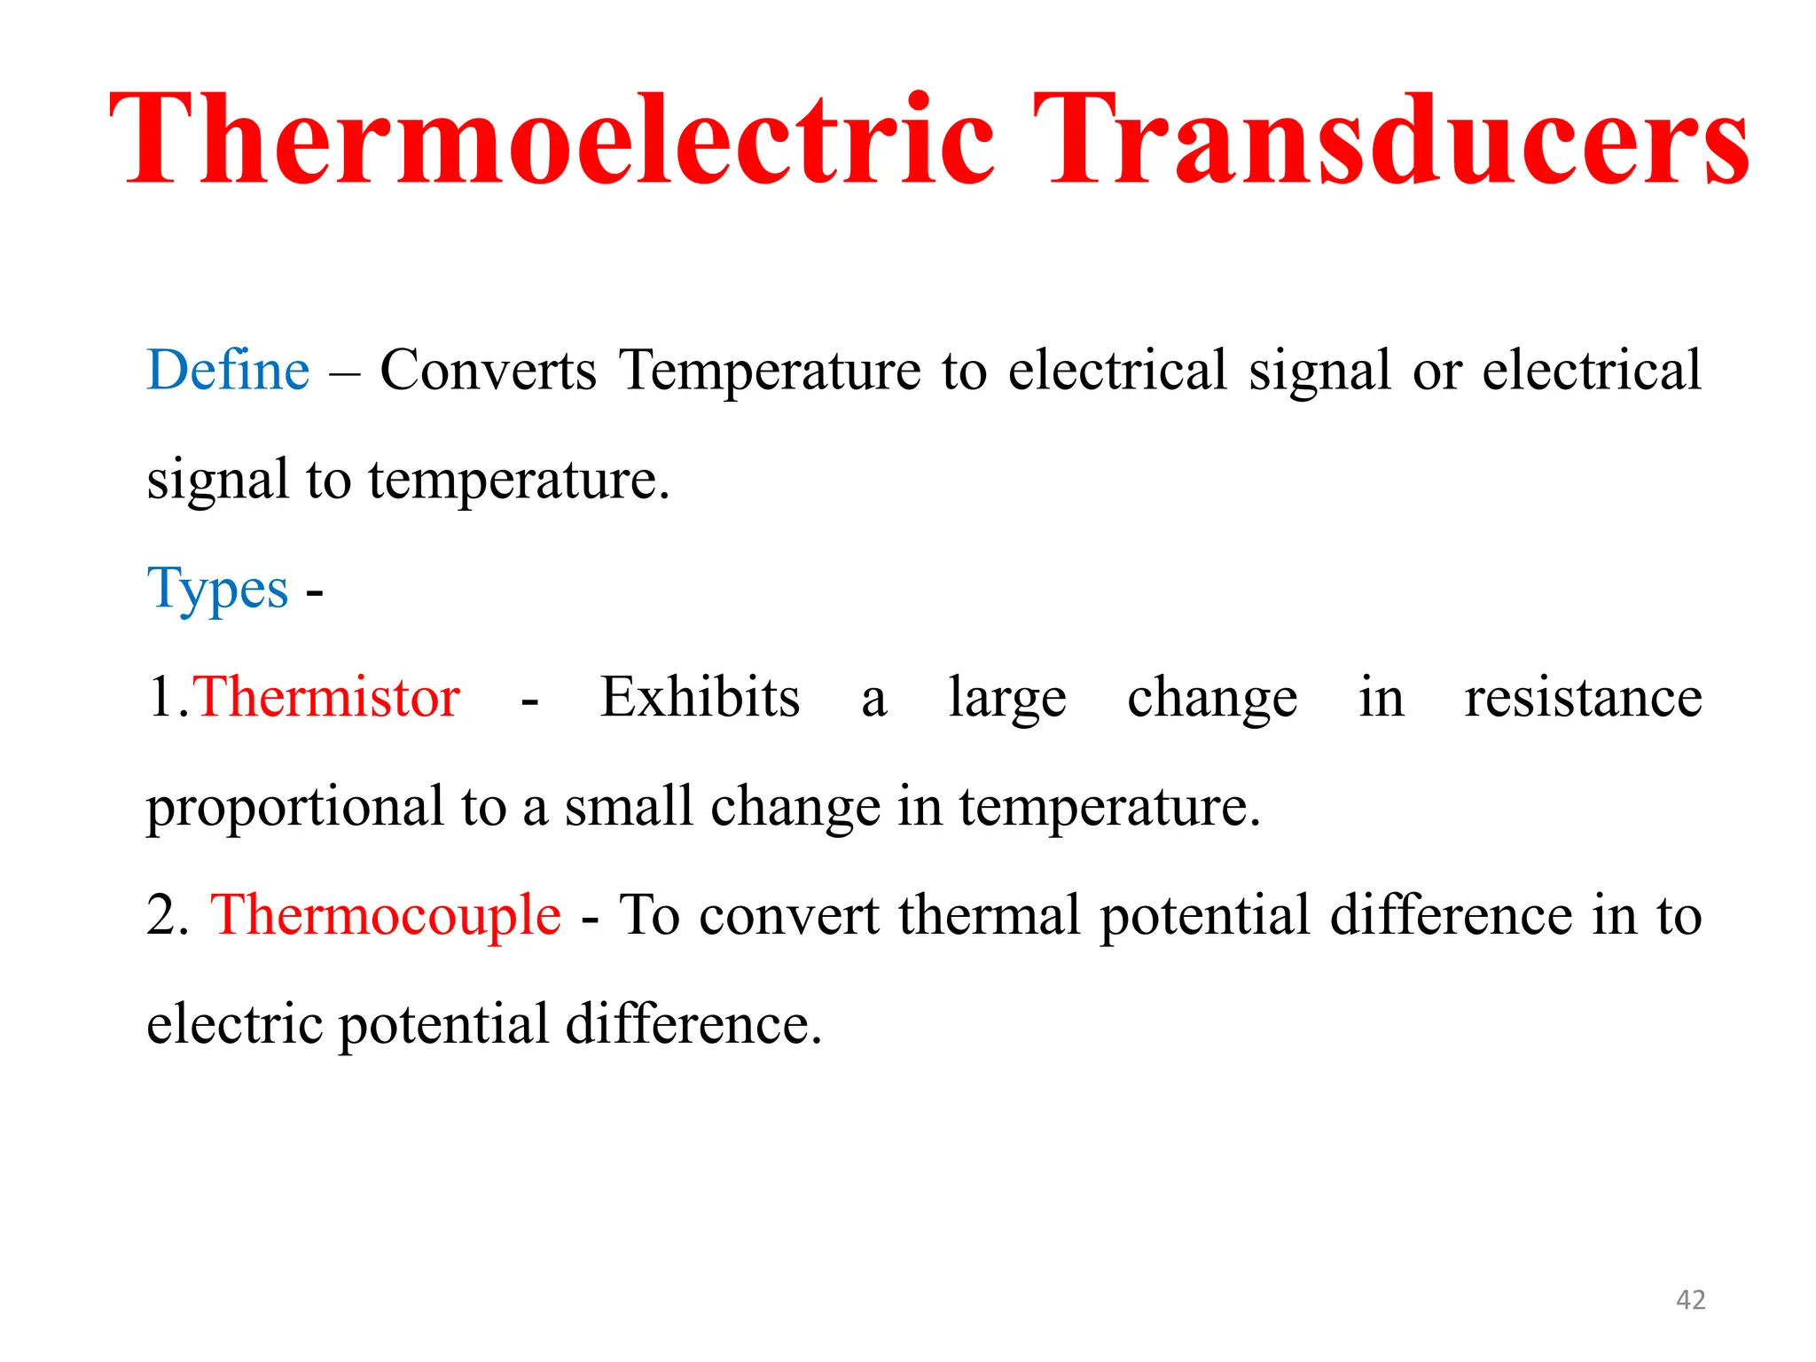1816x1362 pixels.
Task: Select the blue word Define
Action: [228, 370]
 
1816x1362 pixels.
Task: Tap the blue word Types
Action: [217, 589]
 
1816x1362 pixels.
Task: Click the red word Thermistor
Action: [326, 697]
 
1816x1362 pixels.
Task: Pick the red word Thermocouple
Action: [386, 915]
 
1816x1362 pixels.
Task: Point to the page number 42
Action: [1690, 1300]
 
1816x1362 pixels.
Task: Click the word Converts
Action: [489, 370]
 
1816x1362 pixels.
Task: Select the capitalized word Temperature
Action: [771, 370]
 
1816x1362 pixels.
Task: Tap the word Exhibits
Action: [700, 697]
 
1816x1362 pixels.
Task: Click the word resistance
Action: [1583, 697]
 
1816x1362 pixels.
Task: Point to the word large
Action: [1007, 699]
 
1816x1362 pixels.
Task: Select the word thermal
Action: [990, 915]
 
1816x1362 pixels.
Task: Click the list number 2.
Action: [167, 915]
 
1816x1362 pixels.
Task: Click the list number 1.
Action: [165, 697]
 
